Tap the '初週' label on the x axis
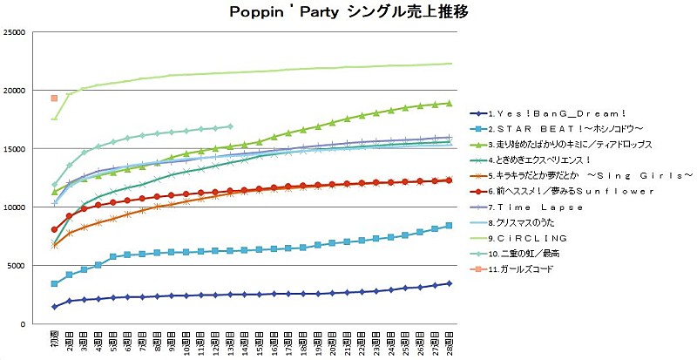pyautogui.click(x=54, y=338)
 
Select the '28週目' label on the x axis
pyautogui.click(x=449, y=340)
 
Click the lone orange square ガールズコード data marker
pyautogui.click(x=54, y=98)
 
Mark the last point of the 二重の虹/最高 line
pyautogui.click(x=229, y=126)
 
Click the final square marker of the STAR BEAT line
pyautogui.click(x=449, y=226)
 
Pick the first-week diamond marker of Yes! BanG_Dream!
pyautogui.click(x=54, y=307)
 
